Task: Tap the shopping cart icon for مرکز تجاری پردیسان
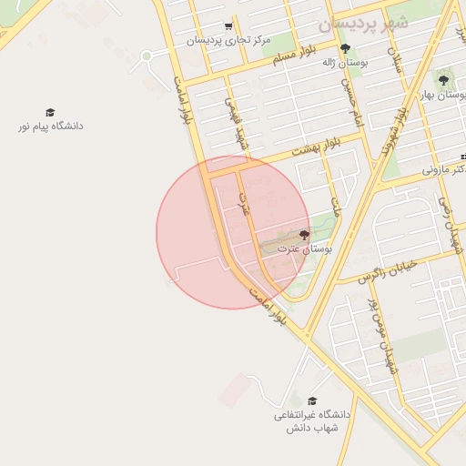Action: (x=228, y=26)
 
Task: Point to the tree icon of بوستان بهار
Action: (x=443, y=80)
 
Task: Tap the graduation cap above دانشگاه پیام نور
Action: (x=50, y=112)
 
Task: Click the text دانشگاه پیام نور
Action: (x=50, y=126)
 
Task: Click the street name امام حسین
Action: (x=352, y=102)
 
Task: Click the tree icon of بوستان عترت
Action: (x=304, y=235)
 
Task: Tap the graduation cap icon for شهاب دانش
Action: (x=312, y=400)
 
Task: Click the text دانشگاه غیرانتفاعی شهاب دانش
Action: (x=306, y=421)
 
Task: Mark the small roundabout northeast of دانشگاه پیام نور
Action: (x=146, y=56)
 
